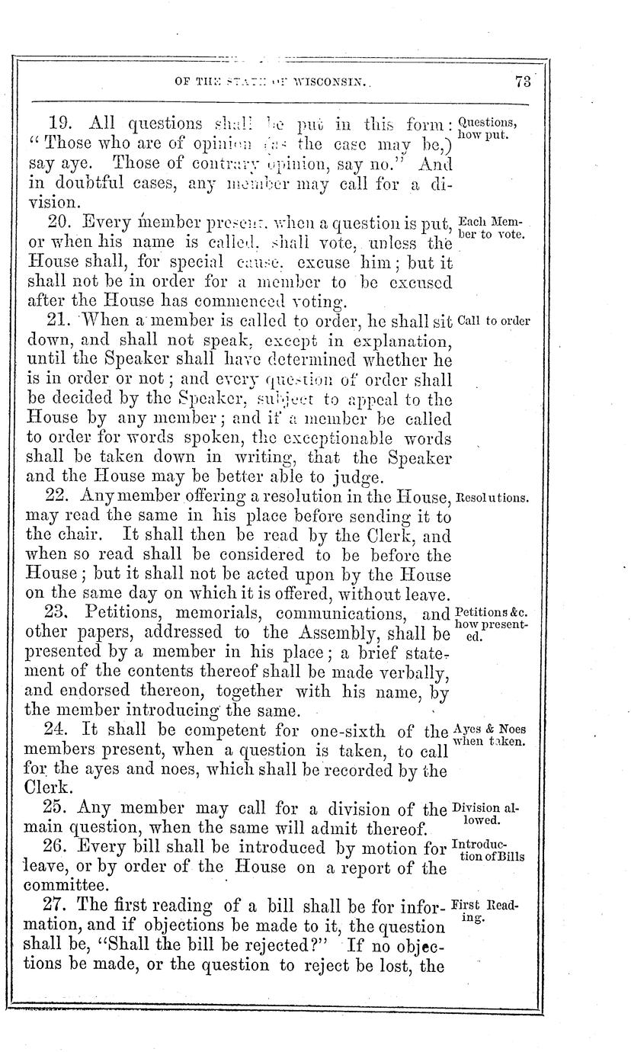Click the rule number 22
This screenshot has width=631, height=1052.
pos(57,497)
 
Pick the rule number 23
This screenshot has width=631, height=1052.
pos(57,613)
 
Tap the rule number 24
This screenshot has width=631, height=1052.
pos(57,731)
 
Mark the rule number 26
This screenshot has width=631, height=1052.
pos(57,848)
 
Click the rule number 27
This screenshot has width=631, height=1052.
pos(57,908)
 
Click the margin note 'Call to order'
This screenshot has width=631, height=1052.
pos(494,321)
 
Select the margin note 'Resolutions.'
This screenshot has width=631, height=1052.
pos(492,498)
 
